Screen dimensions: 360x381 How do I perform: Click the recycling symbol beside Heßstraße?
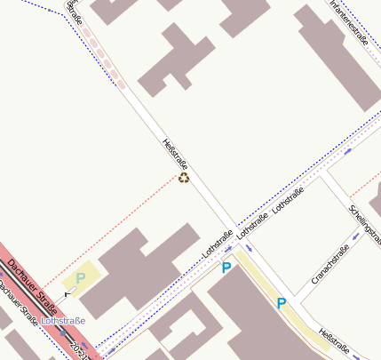pyautogui.click(x=184, y=178)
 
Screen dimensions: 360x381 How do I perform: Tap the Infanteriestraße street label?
pyautogui.click(x=348, y=20)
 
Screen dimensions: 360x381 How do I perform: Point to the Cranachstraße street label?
pyautogui.click(x=329, y=264)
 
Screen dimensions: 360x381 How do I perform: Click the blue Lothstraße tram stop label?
pyautogui.click(x=63, y=320)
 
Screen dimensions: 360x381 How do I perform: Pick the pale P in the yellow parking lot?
pyautogui.click(x=81, y=278)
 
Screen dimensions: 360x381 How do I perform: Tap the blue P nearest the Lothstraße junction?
pyautogui.click(x=226, y=268)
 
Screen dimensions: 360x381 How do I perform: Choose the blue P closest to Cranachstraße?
pyautogui.click(x=282, y=303)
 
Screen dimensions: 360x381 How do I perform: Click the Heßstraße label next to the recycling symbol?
pyautogui.click(x=175, y=155)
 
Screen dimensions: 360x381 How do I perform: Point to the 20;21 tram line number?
pyautogui.click(x=82, y=348)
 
